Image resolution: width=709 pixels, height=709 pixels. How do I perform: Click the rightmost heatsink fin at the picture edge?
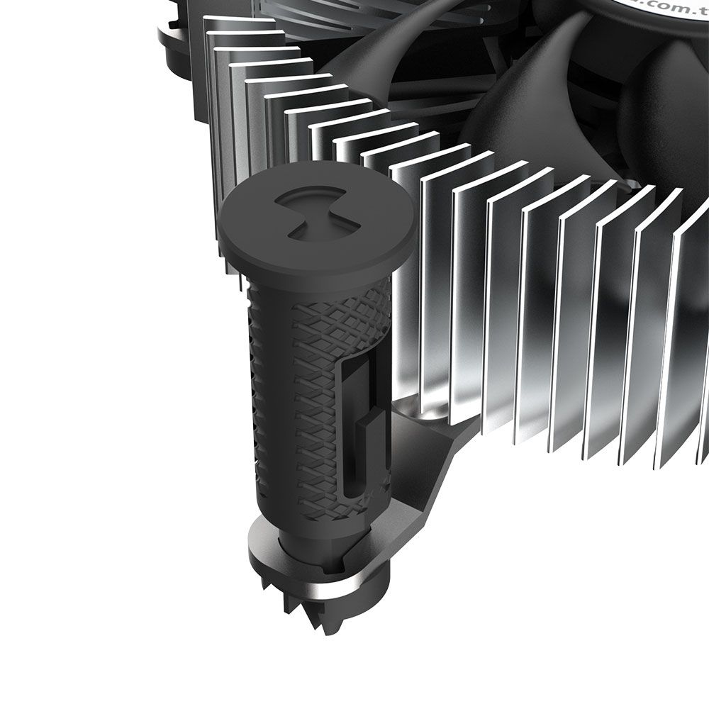691,340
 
